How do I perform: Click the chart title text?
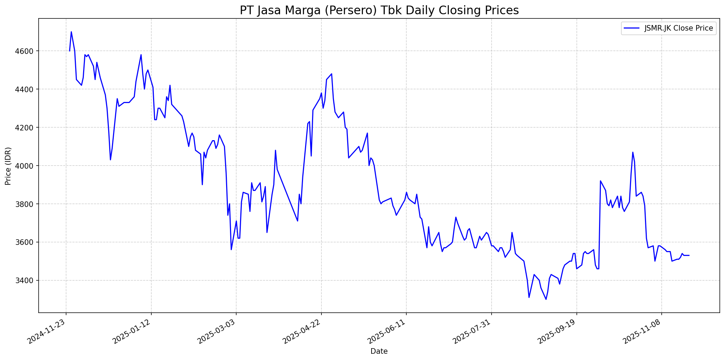point(379,10)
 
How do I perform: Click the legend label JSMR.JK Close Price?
point(678,29)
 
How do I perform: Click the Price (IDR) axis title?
point(8,166)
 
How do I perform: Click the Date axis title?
point(379,351)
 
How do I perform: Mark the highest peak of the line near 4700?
point(71,32)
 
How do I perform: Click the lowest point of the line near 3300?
point(546,299)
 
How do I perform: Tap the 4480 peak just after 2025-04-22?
point(332,74)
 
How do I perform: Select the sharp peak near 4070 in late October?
point(633,152)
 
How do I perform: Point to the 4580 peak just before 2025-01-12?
point(141,55)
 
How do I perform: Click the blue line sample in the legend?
point(631,29)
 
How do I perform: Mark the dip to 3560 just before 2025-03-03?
point(231,249)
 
